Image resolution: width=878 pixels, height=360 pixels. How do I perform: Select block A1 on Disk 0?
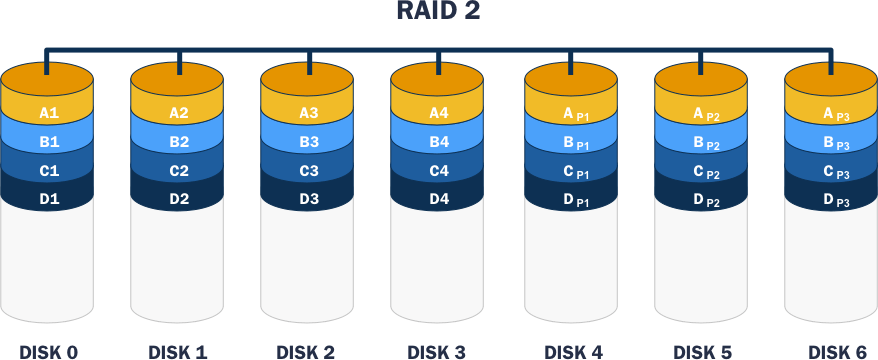(x=49, y=113)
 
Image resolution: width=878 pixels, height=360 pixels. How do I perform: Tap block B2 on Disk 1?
(x=179, y=142)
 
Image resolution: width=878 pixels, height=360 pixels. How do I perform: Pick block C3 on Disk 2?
(x=309, y=171)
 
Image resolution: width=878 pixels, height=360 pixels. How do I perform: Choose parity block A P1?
(x=571, y=113)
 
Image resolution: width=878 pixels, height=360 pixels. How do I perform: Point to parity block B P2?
(x=701, y=142)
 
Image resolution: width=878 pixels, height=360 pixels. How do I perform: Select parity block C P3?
(x=831, y=171)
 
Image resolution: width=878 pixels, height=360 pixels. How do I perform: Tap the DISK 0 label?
(x=49, y=351)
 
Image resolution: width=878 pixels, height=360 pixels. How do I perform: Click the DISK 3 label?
(x=439, y=351)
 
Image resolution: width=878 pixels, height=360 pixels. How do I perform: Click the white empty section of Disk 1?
(x=179, y=265)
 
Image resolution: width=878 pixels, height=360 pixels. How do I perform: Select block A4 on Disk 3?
(x=439, y=113)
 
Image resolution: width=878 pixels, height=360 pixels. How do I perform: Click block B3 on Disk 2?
(x=309, y=142)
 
